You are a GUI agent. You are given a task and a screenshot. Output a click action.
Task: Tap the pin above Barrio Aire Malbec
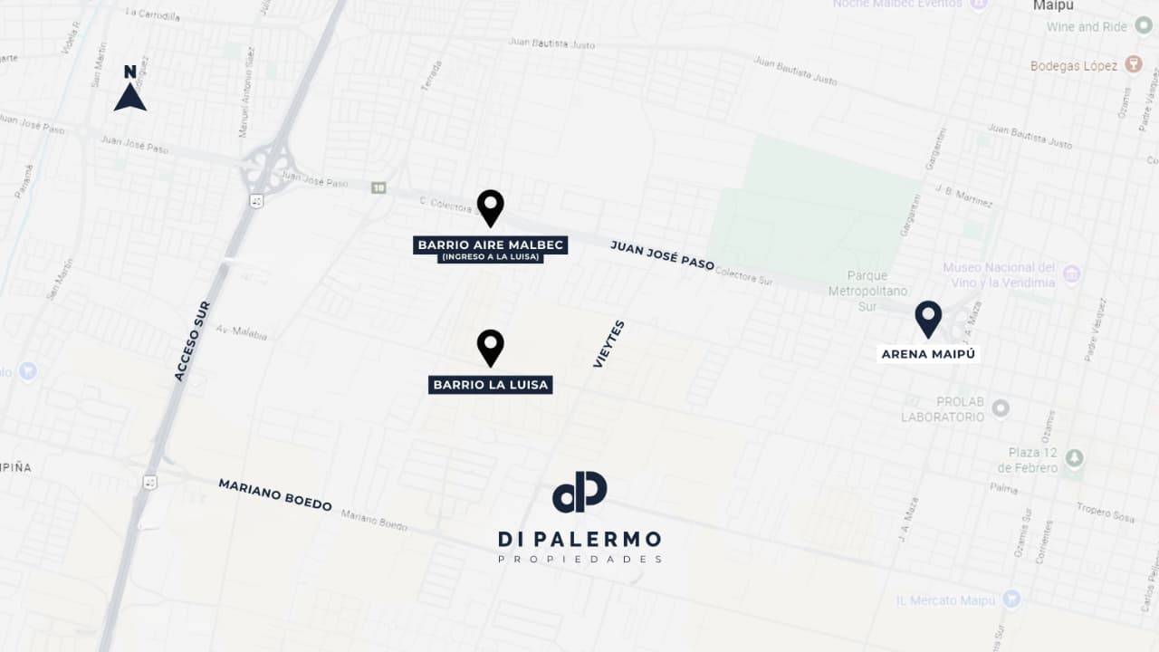490,207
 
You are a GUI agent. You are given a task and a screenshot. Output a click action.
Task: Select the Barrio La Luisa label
491,385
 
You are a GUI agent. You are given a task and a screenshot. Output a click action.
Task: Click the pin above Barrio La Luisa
490,347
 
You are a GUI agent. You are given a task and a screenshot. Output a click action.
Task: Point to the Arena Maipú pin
928,318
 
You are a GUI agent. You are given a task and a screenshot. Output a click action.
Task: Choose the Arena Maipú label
928,354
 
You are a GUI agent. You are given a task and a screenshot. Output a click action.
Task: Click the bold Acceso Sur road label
192,340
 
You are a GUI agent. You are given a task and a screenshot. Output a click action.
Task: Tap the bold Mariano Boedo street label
275,494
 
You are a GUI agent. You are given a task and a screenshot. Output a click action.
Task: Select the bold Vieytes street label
608,344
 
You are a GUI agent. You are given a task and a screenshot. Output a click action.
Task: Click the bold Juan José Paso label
662,255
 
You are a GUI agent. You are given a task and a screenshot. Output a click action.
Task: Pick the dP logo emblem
579,492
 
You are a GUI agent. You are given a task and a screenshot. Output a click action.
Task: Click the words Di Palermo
579,540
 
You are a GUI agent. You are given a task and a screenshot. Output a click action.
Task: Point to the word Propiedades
579,560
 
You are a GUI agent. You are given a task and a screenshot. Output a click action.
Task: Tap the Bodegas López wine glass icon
1133,65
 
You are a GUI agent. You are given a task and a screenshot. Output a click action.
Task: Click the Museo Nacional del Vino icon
1072,274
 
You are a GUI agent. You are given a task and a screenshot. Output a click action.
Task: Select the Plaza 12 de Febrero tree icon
1074,458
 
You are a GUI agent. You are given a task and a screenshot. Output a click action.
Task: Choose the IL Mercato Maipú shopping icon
1011,599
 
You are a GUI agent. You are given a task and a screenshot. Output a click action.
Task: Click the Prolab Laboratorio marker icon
1001,408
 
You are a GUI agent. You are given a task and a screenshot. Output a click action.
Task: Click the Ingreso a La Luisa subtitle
490,257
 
